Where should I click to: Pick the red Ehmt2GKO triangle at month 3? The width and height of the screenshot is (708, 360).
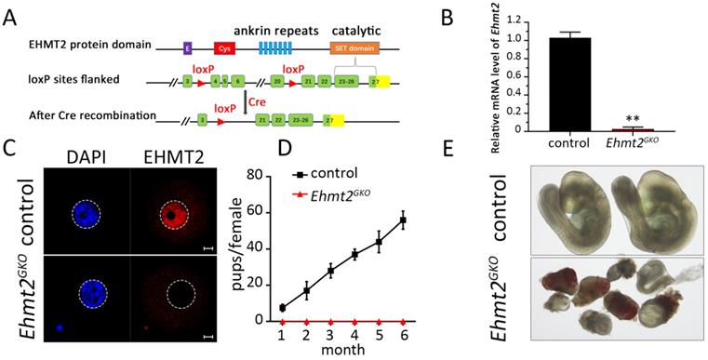pos(330,321)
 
